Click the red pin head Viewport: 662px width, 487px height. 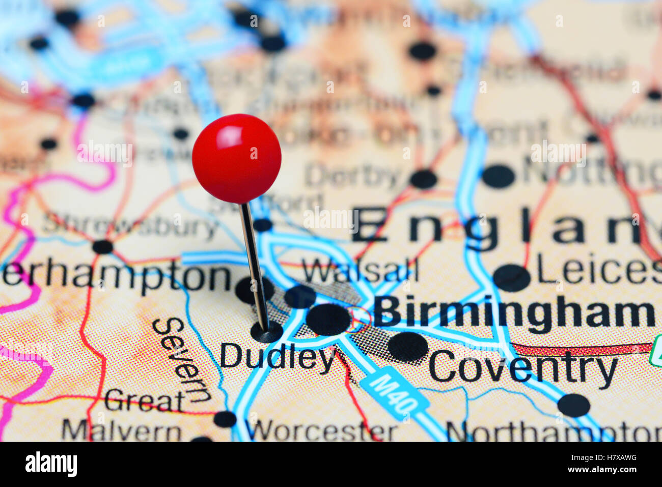(x=236, y=158)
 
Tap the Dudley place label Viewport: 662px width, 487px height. (x=277, y=356)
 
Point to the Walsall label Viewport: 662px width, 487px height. (x=360, y=270)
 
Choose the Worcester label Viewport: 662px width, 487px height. (x=323, y=431)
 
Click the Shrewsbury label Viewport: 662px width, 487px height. (x=131, y=226)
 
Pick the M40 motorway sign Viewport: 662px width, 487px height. (x=395, y=393)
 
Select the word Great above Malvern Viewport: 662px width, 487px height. (x=144, y=400)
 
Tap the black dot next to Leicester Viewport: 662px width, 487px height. (x=511, y=278)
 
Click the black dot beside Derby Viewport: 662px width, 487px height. (x=423, y=179)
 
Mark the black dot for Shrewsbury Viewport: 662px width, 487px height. (x=102, y=247)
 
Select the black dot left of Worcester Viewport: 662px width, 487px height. (x=225, y=419)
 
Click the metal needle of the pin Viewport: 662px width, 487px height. (x=254, y=265)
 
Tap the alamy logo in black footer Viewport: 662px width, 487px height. (x=51, y=464)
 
